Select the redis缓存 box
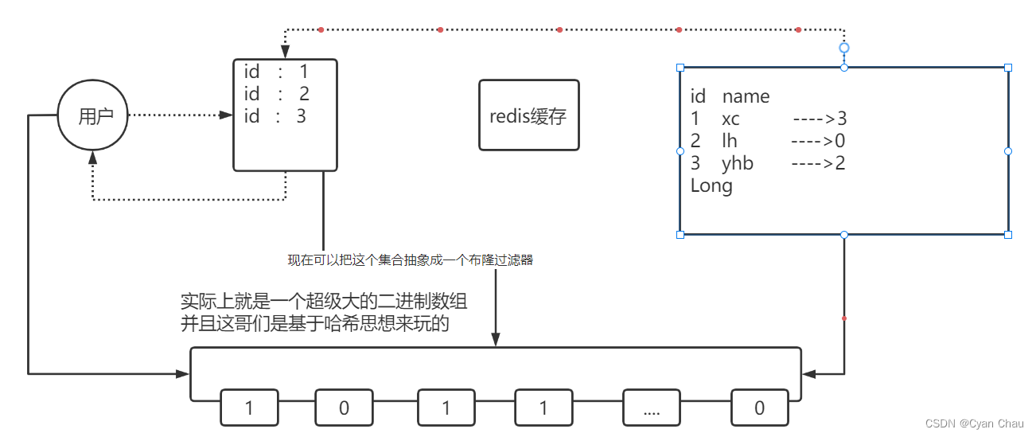pyautogui.click(x=528, y=115)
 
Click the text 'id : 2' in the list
pyautogui.click(x=276, y=94)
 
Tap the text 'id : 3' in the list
pyautogui.click(x=275, y=116)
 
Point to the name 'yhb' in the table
pyautogui.click(x=737, y=163)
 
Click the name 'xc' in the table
pyautogui.click(x=730, y=119)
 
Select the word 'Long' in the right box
pyautogui.click(x=711, y=185)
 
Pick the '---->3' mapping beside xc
pyautogui.click(x=820, y=119)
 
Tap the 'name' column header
pyautogui.click(x=746, y=96)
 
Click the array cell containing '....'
pyautogui.click(x=651, y=408)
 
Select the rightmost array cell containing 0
pyautogui.click(x=759, y=408)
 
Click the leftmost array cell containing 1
pyautogui.click(x=249, y=408)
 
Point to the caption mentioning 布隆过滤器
pyautogui.click(x=410, y=259)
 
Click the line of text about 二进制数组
pyautogui.click(x=324, y=302)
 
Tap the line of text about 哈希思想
pyautogui.click(x=314, y=323)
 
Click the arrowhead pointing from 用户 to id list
pyautogui.click(x=225, y=115)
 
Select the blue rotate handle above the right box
pyautogui.click(x=844, y=48)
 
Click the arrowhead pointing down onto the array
pyautogui.click(x=496, y=341)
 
